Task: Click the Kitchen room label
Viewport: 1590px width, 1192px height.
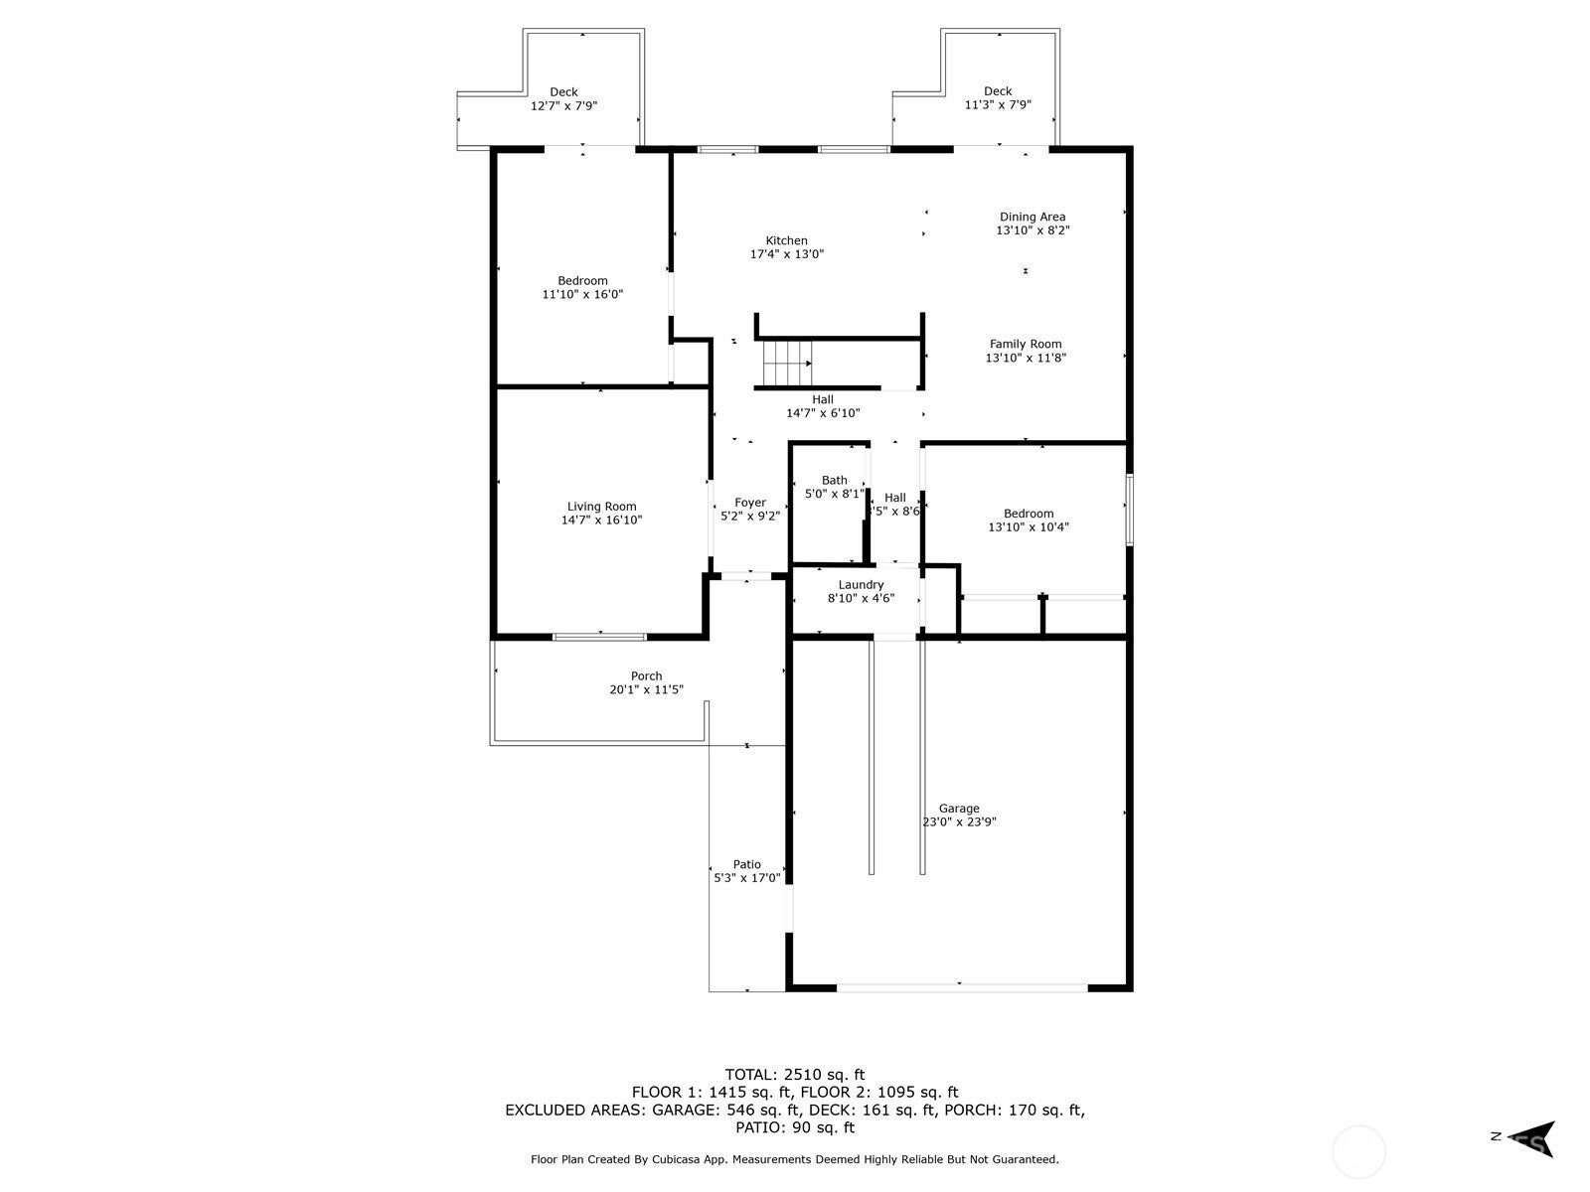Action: (786, 241)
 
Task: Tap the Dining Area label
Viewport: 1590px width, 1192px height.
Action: (1033, 218)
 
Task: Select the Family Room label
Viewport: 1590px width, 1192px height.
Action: (1026, 345)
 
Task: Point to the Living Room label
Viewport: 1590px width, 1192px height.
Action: (601, 507)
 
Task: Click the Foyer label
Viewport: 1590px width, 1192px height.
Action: (749, 503)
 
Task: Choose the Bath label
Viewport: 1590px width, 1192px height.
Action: (835, 481)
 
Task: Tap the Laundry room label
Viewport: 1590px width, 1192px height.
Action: (861, 585)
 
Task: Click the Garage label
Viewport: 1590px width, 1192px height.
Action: (959, 809)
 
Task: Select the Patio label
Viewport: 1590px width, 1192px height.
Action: (747, 864)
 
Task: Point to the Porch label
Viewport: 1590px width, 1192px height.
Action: (646, 676)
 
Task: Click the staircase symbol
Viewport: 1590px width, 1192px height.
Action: (787, 364)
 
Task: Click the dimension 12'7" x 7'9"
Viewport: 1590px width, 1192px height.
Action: (563, 106)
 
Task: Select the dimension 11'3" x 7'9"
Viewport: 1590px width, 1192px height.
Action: (998, 105)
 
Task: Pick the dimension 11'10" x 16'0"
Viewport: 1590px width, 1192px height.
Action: (582, 295)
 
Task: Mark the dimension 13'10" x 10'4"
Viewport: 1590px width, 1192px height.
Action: (1029, 527)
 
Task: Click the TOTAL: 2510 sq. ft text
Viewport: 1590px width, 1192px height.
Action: (795, 1075)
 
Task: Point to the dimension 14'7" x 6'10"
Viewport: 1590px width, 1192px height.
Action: (823, 413)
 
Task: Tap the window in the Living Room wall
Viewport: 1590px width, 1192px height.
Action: (599, 637)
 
